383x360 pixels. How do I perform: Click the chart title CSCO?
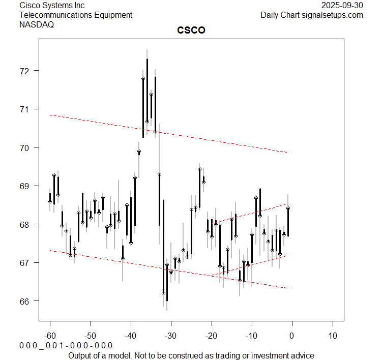[x=191, y=31]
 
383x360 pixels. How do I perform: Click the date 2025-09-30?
[x=343, y=5]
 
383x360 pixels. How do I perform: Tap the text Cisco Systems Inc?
[x=52, y=5]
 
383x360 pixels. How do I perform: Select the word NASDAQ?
[x=37, y=24]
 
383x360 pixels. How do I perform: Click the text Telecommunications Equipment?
[x=76, y=15]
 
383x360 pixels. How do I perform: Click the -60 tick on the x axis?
[x=50, y=336]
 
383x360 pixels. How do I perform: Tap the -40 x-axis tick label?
[x=131, y=336]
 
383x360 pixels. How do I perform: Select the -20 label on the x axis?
[x=211, y=336]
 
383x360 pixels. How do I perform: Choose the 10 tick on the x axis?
[x=333, y=336]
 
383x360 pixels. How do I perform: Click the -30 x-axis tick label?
[x=171, y=336]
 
